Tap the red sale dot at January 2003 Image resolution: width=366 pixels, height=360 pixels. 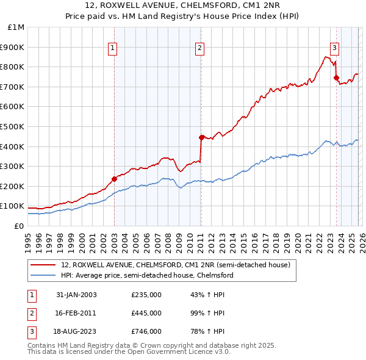click(x=114, y=179)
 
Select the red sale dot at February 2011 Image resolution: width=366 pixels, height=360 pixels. click(x=201, y=137)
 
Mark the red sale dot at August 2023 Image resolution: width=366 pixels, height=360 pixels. click(x=336, y=77)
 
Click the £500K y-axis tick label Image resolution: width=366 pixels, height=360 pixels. click(x=13, y=126)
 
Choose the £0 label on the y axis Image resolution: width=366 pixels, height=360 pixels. click(x=19, y=226)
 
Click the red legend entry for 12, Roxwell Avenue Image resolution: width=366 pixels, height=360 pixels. click(x=170, y=265)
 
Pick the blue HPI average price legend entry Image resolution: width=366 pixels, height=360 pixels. click(x=147, y=275)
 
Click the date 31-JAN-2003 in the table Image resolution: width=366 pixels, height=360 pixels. click(x=76, y=295)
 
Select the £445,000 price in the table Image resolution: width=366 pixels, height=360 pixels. click(x=146, y=313)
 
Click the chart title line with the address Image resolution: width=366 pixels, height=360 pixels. click(x=182, y=7)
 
